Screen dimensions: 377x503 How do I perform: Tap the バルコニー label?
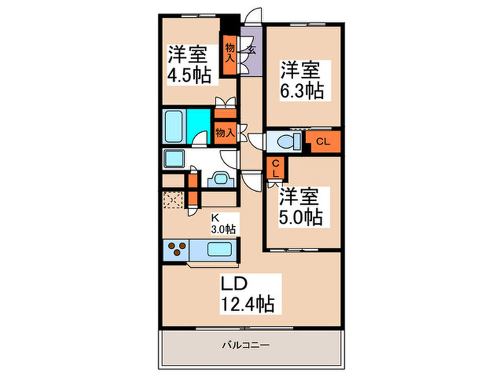[248, 345]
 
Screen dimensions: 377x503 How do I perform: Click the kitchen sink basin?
[218, 251]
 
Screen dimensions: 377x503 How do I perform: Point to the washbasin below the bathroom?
[221, 179]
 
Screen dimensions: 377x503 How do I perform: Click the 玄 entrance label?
[253, 51]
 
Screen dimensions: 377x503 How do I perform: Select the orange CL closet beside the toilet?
[323, 141]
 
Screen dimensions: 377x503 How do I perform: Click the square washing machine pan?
[175, 159]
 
